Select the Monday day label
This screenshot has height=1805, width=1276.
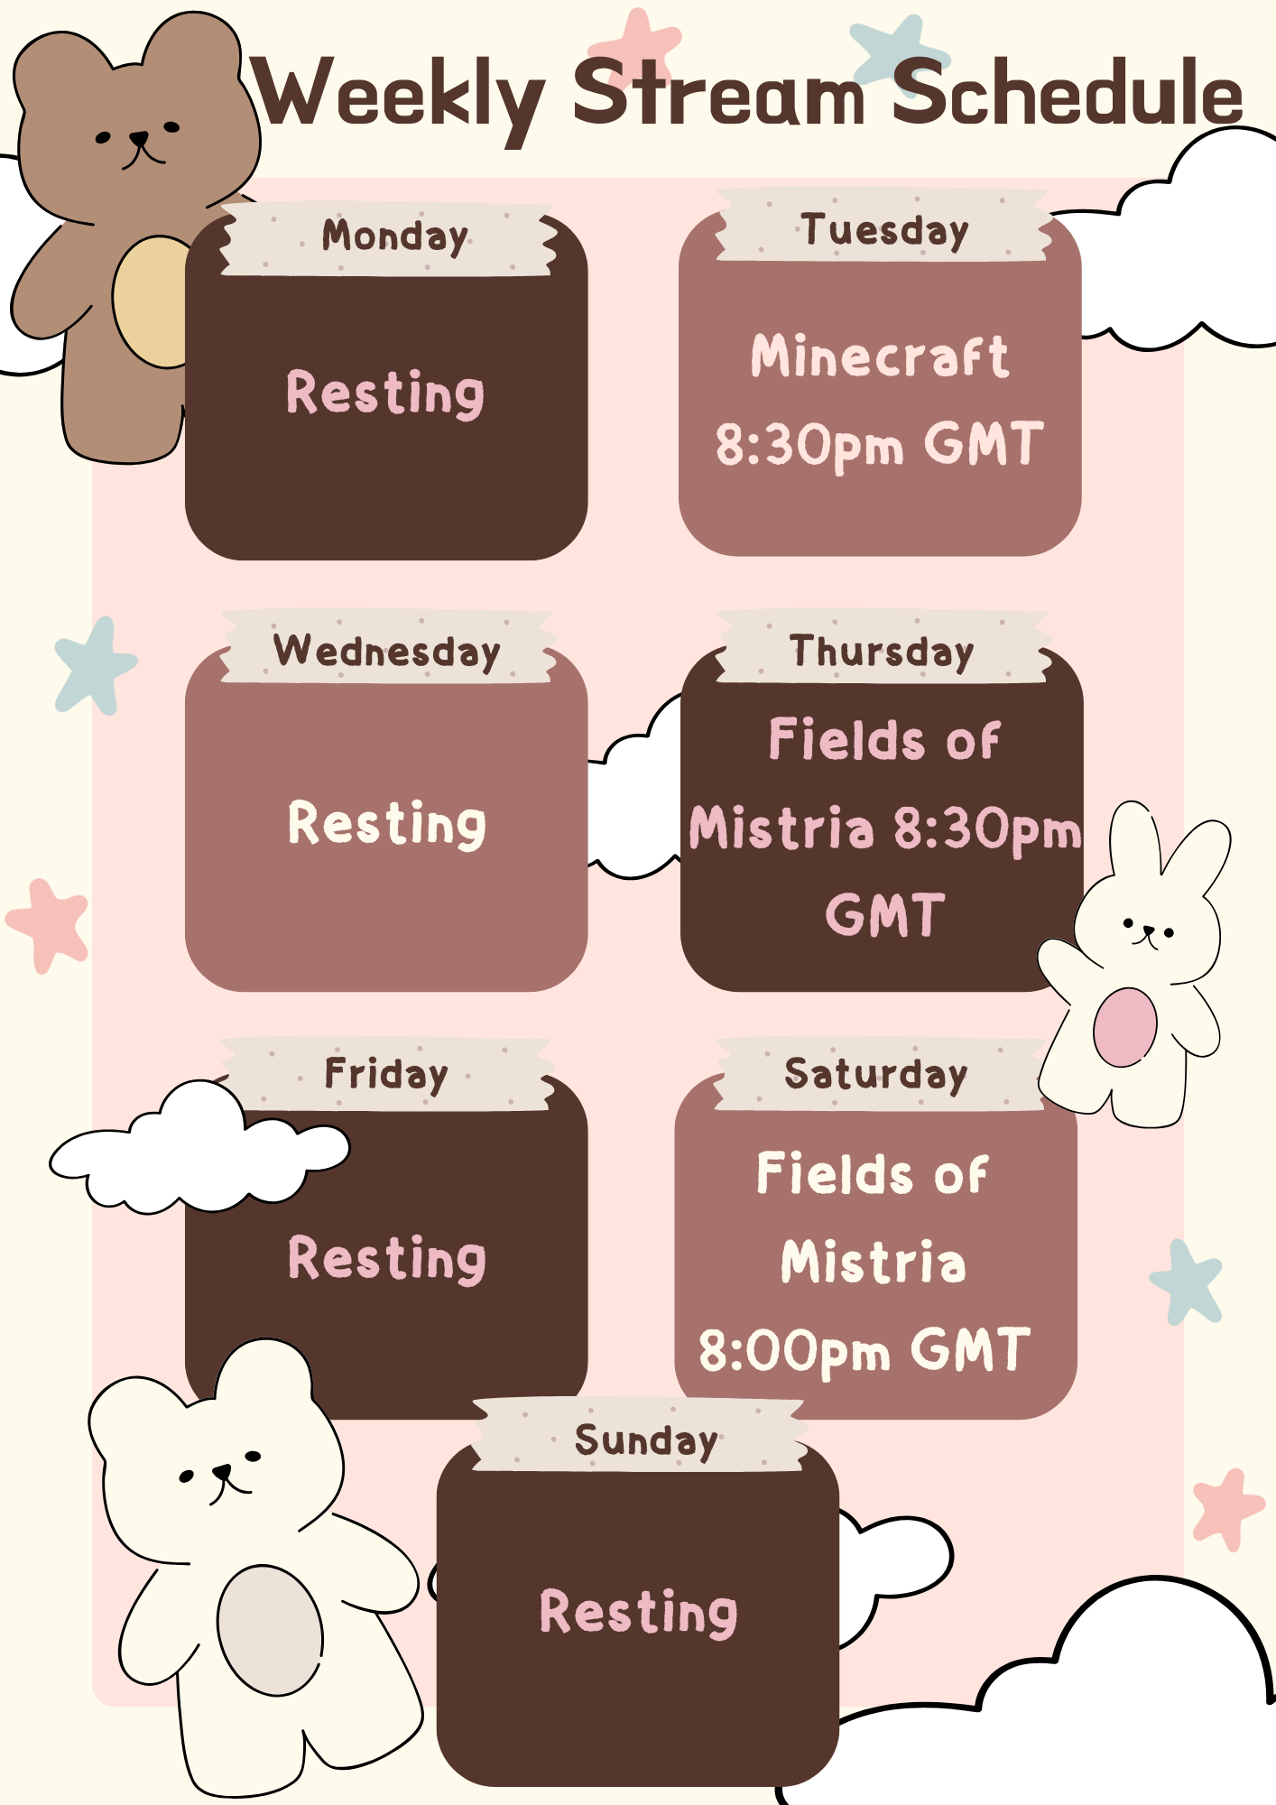coord(395,237)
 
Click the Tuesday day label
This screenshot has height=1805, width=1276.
coord(884,231)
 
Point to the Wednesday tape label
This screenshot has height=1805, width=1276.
coord(386,652)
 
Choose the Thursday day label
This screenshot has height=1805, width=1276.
coord(882,652)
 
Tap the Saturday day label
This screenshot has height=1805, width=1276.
coord(875,1075)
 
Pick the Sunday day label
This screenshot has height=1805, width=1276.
coord(646,1441)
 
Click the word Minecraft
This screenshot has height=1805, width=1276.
coord(880,356)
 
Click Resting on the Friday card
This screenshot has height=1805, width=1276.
coord(387,1258)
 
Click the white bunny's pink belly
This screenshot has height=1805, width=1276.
coord(1124,1027)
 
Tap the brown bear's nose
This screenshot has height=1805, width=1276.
coord(139,139)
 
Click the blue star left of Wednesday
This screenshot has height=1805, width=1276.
coord(95,666)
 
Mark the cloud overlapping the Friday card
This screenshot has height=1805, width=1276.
coord(199,1146)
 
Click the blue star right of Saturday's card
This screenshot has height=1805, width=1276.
coord(1186,1282)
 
